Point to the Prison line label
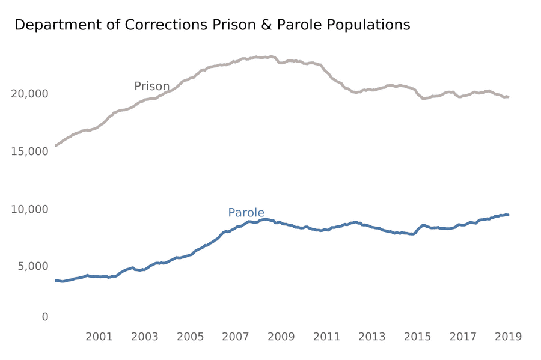(151, 87)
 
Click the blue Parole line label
(246, 213)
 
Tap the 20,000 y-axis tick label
(29, 94)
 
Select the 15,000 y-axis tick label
(29, 151)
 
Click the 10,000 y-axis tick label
(29, 209)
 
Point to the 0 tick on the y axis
(45, 317)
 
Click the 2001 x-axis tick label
(99, 336)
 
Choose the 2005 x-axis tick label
(190, 336)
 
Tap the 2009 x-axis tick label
(281, 336)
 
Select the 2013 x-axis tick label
(372, 336)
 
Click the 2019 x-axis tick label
(509, 336)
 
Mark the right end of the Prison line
(509, 97)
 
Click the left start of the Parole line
(55, 281)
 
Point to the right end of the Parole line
(509, 215)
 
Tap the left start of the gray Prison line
(55, 145)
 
